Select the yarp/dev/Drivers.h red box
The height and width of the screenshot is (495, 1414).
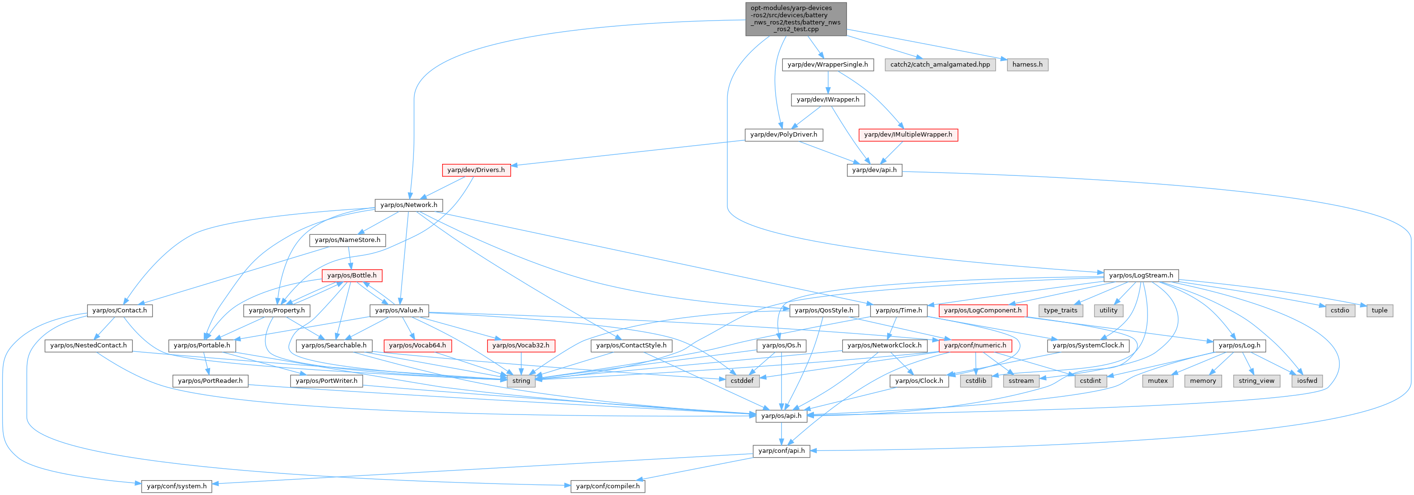click(x=476, y=170)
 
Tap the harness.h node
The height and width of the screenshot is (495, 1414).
click(x=1027, y=64)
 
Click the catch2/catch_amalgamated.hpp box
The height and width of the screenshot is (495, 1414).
click(x=940, y=64)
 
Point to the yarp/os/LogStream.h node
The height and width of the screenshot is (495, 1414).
click(x=1141, y=275)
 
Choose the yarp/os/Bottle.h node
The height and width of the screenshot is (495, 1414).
click(x=352, y=275)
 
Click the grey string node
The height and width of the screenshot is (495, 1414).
click(x=521, y=381)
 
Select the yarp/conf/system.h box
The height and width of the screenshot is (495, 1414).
click(x=177, y=486)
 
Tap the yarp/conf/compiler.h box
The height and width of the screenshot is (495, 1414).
click(x=608, y=486)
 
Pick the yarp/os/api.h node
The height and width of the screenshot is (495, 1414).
click(x=781, y=416)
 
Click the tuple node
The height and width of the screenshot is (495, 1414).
click(x=1379, y=311)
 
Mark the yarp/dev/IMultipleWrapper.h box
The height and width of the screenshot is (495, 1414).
click(x=908, y=135)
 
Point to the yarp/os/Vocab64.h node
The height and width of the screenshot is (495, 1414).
click(x=417, y=345)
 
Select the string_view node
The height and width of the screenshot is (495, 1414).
click(x=1256, y=381)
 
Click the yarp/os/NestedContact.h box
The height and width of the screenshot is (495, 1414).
click(x=89, y=345)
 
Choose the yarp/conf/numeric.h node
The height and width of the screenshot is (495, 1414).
click(x=975, y=345)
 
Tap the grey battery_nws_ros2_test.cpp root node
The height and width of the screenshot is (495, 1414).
click(x=795, y=19)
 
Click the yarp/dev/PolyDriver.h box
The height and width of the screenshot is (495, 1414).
click(x=783, y=135)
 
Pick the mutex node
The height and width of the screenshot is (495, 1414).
click(x=1158, y=381)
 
